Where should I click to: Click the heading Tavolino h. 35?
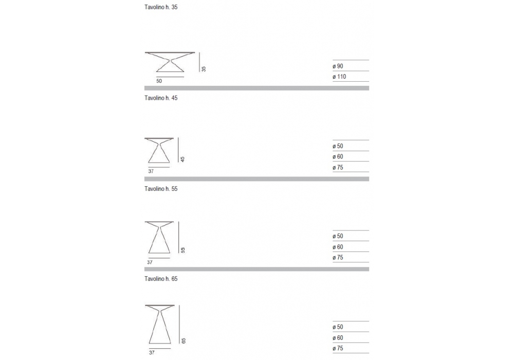pos(161,8)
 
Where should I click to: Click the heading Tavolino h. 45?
pos(161,98)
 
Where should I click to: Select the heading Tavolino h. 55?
pos(161,189)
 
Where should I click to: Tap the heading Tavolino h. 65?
pos(161,279)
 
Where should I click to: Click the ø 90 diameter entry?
pos(338,66)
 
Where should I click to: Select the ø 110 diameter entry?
pos(339,77)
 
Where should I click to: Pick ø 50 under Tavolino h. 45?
pos(338,146)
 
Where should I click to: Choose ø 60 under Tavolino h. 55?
pos(338,247)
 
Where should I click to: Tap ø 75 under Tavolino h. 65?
pos(338,348)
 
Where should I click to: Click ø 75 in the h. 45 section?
pos(338,167)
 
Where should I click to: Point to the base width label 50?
pos(159,81)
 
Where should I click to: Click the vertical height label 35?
pos(204,68)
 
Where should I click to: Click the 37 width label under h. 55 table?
pos(150,262)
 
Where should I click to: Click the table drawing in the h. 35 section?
pos(170,63)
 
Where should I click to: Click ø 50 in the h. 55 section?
pos(338,236)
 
